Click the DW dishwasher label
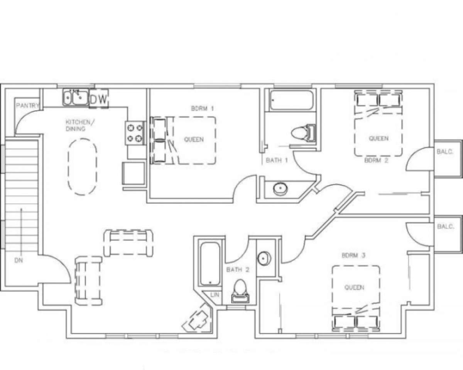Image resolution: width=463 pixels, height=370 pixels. pyautogui.click(x=99, y=99)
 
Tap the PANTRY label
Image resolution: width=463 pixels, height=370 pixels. pyautogui.click(x=28, y=106)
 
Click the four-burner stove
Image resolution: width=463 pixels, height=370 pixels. pyautogui.click(x=135, y=133)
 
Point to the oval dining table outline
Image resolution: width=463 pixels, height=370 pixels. pyautogui.click(x=83, y=167)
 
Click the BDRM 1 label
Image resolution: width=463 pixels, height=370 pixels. pyautogui.click(x=203, y=109)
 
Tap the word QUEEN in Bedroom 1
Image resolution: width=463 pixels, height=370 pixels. pyautogui.click(x=194, y=140)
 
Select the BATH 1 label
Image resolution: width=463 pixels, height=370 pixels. pyautogui.click(x=277, y=160)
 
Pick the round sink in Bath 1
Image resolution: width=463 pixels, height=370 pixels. pyautogui.click(x=281, y=189)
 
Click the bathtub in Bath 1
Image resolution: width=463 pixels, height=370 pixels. pyautogui.click(x=292, y=100)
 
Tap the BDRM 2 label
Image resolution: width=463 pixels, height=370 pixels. pyautogui.click(x=376, y=160)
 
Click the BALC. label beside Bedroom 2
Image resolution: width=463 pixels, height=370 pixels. pyautogui.click(x=445, y=152)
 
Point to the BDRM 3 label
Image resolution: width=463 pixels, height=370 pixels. pyautogui.click(x=353, y=256)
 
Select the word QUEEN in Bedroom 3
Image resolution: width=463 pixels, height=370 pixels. pyautogui.click(x=354, y=288)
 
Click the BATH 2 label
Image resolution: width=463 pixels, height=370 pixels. pyautogui.click(x=238, y=270)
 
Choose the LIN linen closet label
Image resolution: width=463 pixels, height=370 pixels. pyautogui.click(x=215, y=295)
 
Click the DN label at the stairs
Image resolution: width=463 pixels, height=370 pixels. pyautogui.click(x=19, y=261)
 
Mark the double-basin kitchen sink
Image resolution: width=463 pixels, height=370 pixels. pyautogui.click(x=76, y=98)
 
